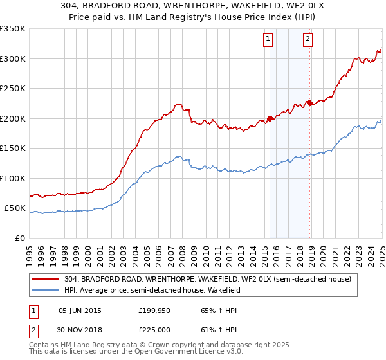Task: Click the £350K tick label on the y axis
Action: (x=13, y=29)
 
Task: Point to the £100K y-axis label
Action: (x=13, y=178)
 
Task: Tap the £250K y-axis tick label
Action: (x=13, y=89)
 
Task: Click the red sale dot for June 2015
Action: (x=270, y=119)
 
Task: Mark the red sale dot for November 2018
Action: (x=310, y=103)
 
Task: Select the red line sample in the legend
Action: (x=46, y=279)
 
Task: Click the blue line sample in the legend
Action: (x=46, y=290)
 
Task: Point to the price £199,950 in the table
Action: (x=154, y=310)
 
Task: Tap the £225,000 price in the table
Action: (x=154, y=330)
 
